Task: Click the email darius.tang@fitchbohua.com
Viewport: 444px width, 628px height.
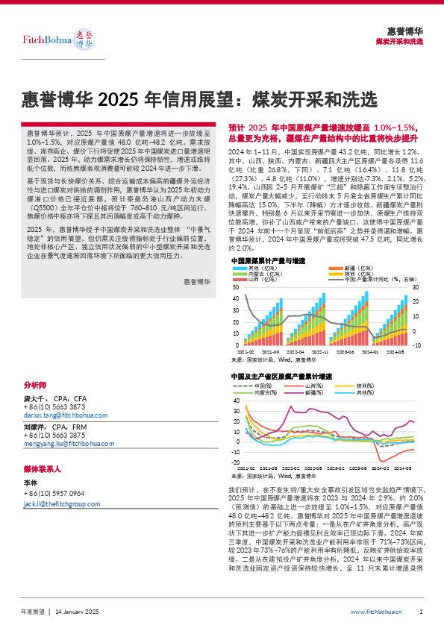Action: click(66, 415)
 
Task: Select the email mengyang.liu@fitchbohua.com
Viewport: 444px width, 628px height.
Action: click(69, 443)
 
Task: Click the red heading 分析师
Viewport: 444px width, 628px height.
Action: click(35, 386)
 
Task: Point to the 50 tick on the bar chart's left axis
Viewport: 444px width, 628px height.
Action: click(236, 288)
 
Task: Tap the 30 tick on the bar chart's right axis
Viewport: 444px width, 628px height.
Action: click(416, 288)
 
